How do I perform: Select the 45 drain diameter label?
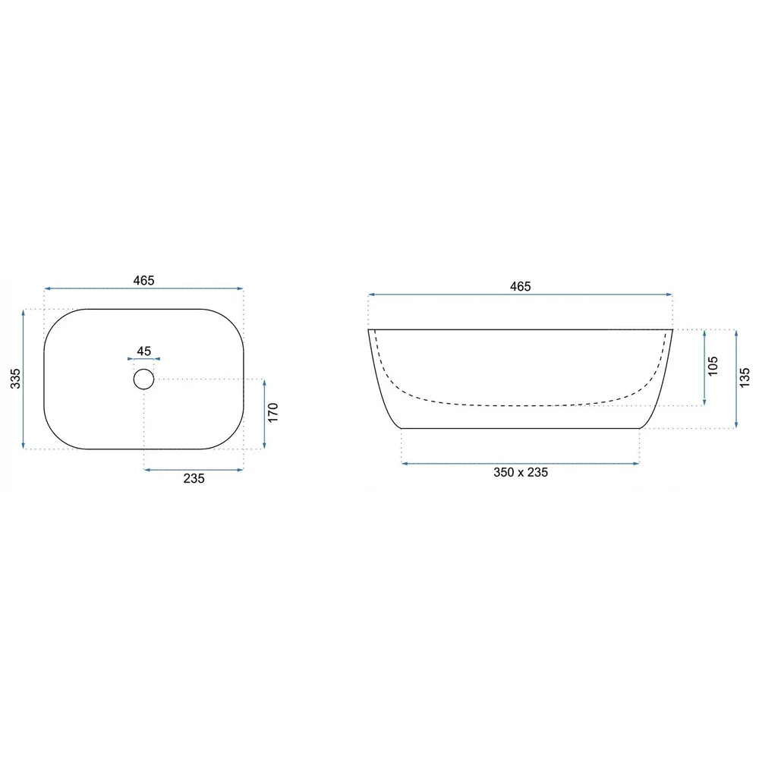click(143, 351)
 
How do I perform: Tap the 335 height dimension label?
click(15, 379)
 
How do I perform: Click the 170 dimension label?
click(272, 412)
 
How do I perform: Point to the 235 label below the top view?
click(194, 478)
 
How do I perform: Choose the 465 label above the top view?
click(143, 280)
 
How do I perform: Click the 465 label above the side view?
click(521, 287)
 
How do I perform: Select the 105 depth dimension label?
click(713, 366)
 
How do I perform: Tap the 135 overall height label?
click(745, 377)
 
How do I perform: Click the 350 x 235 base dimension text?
click(521, 472)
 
